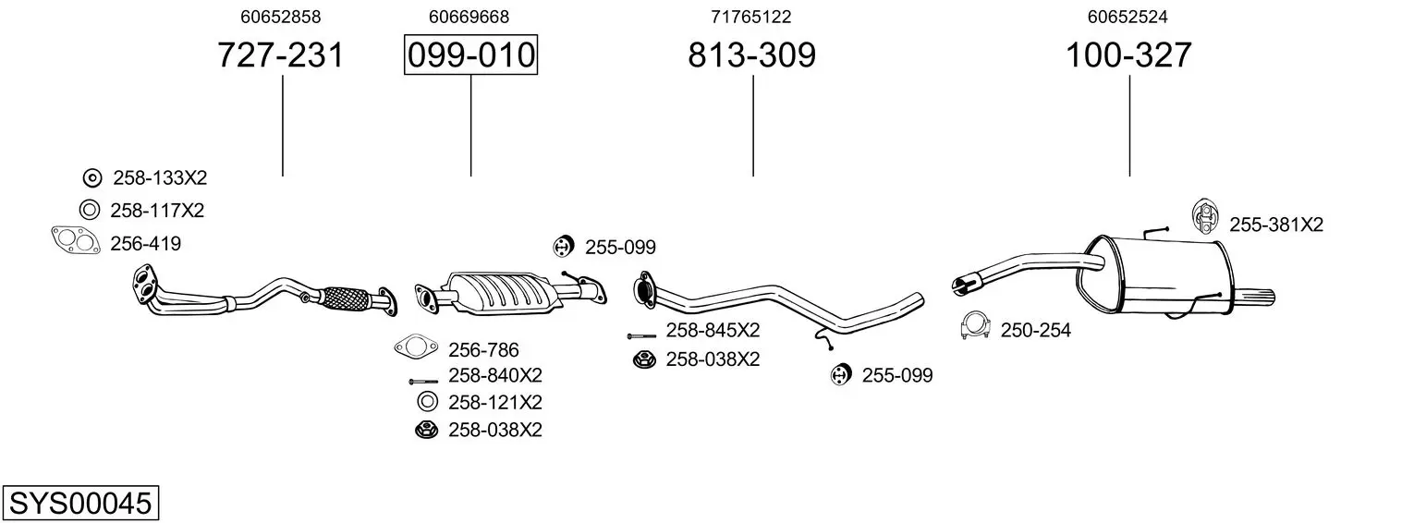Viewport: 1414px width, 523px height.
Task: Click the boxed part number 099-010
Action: pyautogui.click(x=471, y=55)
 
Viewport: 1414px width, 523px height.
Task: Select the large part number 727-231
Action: pyautogui.click(x=281, y=55)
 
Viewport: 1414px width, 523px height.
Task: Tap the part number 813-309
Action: pyautogui.click(x=751, y=55)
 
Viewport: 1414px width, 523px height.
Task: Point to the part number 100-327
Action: pyautogui.click(x=1128, y=55)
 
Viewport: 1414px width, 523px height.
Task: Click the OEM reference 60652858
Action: pyautogui.click(x=281, y=17)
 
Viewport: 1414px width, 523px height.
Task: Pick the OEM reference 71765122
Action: pyautogui.click(x=751, y=17)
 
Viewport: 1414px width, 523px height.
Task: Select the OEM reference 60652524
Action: pyautogui.click(x=1128, y=17)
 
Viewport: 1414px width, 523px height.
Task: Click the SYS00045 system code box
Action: pyautogui.click(x=80, y=503)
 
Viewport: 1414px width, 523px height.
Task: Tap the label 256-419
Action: pyautogui.click(x=146, y=244)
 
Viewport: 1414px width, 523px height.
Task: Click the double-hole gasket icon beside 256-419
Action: pyautogui.click(x=76, y=241)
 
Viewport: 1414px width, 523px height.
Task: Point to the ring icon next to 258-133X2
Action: pyautogui.click(x=92, y=178)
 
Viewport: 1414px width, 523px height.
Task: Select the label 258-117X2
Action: pyautogui.click(x=157, y=211)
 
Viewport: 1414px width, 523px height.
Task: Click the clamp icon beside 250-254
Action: pyautogui.click(x=975, y=326)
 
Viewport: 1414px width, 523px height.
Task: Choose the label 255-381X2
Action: pyautogui.click(x=1276, y=225)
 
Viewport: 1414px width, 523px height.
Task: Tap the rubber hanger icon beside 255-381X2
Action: pyautogui.click(x=1204, y=216)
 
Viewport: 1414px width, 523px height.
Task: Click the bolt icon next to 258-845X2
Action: pyautogui.click(x=642, y=336)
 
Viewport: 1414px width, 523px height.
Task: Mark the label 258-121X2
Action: pyautogui.click(x=495, y=403)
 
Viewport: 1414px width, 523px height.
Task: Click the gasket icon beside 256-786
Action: pyautogui.click(x=416, y=347)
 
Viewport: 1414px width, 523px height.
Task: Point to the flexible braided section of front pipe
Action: pyautogui.click(x=345, y=298)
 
